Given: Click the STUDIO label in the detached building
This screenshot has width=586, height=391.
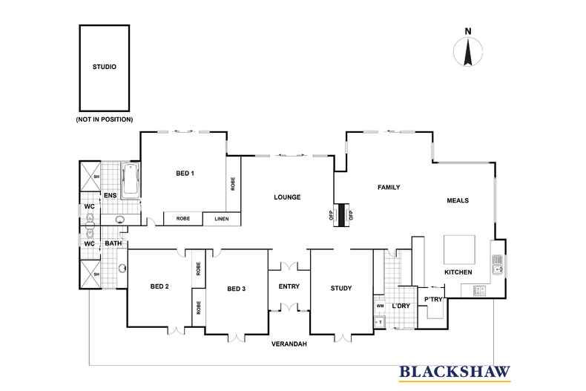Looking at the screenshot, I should pos(105,67).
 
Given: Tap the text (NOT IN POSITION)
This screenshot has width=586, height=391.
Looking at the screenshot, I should pos(105,119).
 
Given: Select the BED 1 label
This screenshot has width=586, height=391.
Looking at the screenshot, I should pos(185,174).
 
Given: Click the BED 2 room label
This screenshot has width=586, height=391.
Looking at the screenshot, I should pos(160,287).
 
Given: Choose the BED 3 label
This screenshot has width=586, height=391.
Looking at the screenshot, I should pos(236,288).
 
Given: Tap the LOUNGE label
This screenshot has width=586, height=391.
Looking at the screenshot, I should pos(286,197).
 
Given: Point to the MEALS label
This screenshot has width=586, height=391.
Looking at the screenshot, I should pos(458,200).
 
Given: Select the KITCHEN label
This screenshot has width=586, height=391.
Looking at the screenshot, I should pos(458,273).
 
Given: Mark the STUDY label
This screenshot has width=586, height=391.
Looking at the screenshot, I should pos(341,288).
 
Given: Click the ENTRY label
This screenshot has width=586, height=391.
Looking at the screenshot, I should pos(289,287).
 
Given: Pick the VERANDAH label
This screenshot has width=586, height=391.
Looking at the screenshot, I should pos(289,345).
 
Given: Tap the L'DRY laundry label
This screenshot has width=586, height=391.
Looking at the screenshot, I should pos(401,306).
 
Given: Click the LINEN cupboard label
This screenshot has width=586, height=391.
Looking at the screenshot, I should pos(222,219).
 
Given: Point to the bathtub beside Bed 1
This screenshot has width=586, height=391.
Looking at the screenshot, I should pos(131,180).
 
